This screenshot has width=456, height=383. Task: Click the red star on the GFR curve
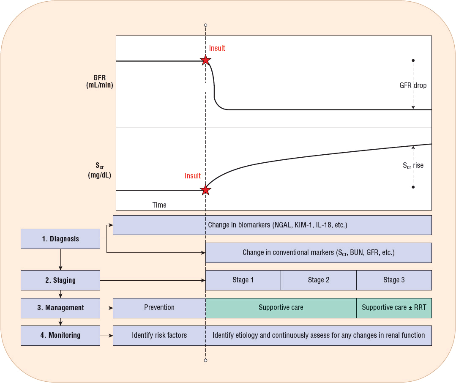pos(205,60)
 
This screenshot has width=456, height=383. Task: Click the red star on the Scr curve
pos(205,190)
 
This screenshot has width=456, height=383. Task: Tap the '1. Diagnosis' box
pos(60,239)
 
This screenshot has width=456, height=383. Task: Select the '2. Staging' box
pos(60,280)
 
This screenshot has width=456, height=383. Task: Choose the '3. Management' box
pos(60,308)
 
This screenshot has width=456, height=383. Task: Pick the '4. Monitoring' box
pos(60,335)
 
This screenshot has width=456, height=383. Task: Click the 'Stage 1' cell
pos(243,280)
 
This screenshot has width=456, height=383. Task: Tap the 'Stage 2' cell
pos(318,280)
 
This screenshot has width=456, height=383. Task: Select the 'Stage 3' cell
pos(394,280)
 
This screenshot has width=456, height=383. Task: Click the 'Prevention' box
pos(159,308)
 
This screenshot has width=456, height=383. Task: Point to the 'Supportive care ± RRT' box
pos(394,308)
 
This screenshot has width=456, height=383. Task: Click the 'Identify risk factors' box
pos(159,335)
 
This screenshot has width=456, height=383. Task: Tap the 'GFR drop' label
pos(413,85)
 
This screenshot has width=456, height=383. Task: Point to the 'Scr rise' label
pos(413,165)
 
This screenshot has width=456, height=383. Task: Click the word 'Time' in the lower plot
pos(159,205)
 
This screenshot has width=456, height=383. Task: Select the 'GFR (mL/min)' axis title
pos(100,82)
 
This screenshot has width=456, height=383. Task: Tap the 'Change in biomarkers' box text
pos(277,225)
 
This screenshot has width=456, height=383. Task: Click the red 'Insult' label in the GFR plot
pos(217,48)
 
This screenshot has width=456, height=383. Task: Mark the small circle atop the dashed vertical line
pos(205,25)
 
